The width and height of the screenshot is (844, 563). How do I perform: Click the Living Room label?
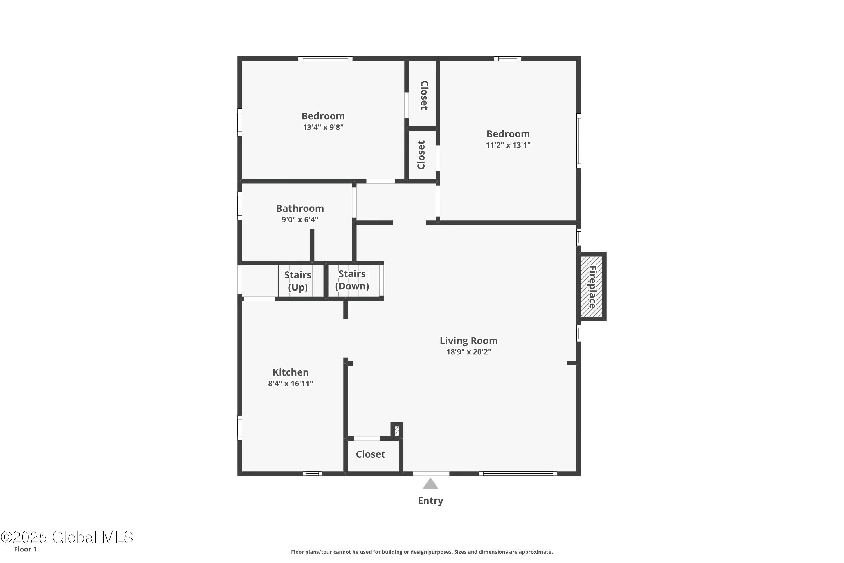coord(468,340)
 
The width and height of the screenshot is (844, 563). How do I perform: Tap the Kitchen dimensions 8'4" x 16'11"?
coord(290,383)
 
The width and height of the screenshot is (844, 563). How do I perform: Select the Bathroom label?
coord(300,208)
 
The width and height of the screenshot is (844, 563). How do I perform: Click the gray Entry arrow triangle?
coord(430,484)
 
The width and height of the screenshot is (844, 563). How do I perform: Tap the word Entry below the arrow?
coord(430,501)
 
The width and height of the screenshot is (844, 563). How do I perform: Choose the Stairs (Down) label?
coord(352,280)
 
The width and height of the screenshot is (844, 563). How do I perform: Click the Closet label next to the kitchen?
coord(370,455)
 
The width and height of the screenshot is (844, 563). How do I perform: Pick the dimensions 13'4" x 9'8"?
coord(323,127)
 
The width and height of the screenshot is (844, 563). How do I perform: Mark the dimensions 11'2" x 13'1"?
coord(508,145)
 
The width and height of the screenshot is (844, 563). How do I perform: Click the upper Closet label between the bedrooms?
coord(424,95)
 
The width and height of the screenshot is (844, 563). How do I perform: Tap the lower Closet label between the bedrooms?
coord(421,155)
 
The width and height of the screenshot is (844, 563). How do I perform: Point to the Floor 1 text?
coord(25,549)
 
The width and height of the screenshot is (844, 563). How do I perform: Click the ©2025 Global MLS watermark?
coord(67,537)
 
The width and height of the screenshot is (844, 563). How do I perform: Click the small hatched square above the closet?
coord(397,430)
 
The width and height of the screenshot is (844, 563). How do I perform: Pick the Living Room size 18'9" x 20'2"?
coord(468,352)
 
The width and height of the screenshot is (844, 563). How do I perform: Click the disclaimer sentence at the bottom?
coord(422,552)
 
